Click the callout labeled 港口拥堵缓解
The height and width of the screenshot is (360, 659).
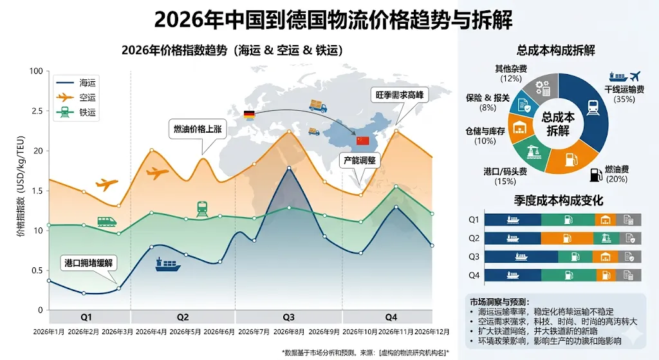(x=89, y=263)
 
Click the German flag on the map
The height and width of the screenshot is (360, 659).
(x=250, y=115)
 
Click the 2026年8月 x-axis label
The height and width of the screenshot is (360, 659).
(x=289, y=332)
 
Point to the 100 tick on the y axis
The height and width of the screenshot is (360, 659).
(x=36, y=71)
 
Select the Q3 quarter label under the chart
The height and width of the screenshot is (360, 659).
(x=288, y=317)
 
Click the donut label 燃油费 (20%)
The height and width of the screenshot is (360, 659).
(x=616, y=174)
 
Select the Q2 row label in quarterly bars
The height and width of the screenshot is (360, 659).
(x=474, y=238)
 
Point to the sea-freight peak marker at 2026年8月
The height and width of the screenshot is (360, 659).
(x=289, y=168)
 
